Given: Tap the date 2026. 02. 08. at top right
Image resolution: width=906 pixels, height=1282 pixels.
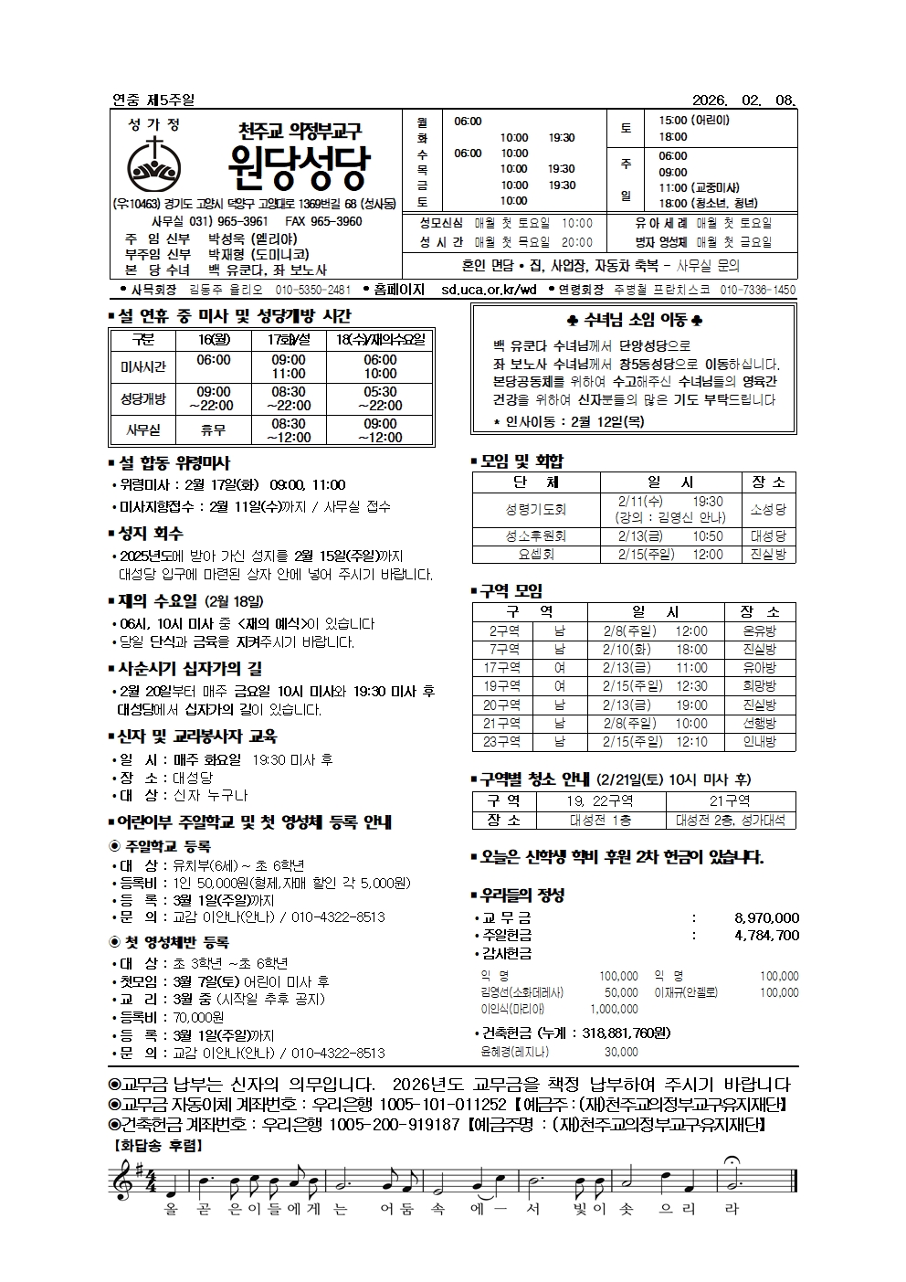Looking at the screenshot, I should click(x=744, y=100).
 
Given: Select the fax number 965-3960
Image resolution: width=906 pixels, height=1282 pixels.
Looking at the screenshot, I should click(x=336, y=221).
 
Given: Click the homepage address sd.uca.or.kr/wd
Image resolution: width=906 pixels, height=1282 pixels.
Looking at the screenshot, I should click(x=489, y=290).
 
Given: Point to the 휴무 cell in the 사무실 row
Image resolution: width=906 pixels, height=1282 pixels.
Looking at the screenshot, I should click(x=213, y=430).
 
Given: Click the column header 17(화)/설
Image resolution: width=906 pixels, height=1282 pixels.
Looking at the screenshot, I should click(x=288, y=340).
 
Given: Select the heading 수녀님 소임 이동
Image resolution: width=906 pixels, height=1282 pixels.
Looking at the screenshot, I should click(x=635, y=321).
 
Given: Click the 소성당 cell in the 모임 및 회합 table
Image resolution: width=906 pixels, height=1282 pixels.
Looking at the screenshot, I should click(x=767, y=509).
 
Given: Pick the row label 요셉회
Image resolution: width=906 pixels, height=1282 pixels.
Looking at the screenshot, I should click(x=536, y=554).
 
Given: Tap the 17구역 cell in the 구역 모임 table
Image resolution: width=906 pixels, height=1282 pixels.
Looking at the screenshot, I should click(x=501, y=668).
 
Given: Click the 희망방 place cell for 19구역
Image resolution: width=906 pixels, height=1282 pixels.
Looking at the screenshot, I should click(x=759, y=686).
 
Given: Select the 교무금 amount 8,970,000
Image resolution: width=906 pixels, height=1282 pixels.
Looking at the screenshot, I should click(x=766, y=917).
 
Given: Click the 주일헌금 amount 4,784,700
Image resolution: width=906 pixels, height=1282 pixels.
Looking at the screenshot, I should click(x=766, y=935).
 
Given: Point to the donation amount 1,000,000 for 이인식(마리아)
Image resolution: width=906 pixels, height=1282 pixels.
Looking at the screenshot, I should click(x=614, y=1009).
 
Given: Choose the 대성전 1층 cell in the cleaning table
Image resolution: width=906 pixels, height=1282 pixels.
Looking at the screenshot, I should click(x=600, y=820).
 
